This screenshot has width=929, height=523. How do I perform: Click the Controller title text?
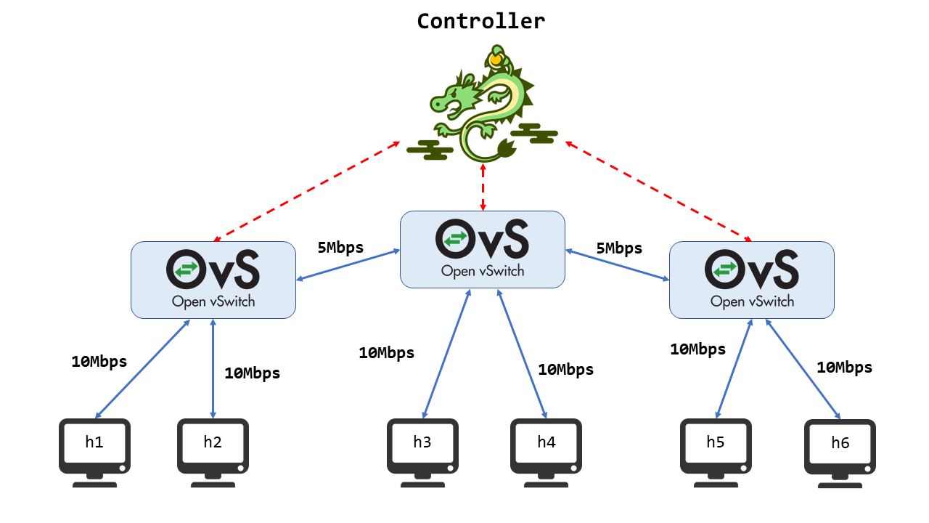(x=480, y=21)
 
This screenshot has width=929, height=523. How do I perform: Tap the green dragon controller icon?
(x=482, y=103)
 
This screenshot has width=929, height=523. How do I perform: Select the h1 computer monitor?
(x=94, y=453)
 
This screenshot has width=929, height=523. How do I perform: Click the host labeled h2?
(x=213, y=453)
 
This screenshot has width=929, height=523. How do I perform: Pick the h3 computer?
(x=422, y=453)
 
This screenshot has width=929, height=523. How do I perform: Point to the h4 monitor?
(x=546, y=453)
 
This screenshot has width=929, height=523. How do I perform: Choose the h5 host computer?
(x=716, y=453)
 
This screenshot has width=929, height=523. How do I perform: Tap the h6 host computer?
(x=840, y=453)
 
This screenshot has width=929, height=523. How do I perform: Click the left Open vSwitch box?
(x=213, y=280)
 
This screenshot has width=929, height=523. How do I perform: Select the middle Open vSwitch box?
(x=483, y=249)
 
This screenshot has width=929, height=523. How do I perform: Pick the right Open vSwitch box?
(x=751, y=280)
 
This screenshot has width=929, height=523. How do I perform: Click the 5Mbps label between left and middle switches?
(x=340, y=248)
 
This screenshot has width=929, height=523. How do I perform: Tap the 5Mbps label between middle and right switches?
(x=619, y=248)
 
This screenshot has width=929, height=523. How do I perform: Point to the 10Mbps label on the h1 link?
(x=99, y=362)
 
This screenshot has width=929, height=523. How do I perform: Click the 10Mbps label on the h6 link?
(x=844, y=368)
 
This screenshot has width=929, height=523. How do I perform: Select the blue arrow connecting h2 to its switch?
(x=213, y=368)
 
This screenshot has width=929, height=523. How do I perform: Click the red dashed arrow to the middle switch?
(x=483, y=187)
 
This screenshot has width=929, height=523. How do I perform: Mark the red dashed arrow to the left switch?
(x=306, y=191)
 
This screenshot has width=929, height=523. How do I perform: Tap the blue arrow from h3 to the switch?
(x=446, y=354)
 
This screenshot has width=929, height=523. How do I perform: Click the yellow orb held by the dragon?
(x=496, y=60)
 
